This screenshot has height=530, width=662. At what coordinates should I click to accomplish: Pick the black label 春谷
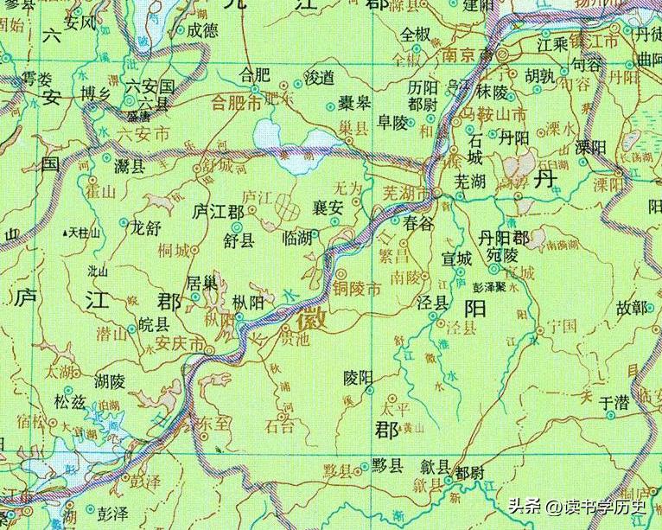[x=417, y=222]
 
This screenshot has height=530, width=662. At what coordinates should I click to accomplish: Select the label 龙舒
[x=145, y=229]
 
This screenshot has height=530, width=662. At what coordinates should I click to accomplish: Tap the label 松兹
[x=71, y=401]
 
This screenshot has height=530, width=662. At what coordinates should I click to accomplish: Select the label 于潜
[x=617, y=402]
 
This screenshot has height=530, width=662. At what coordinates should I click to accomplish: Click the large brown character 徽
[x=312, y=320]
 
